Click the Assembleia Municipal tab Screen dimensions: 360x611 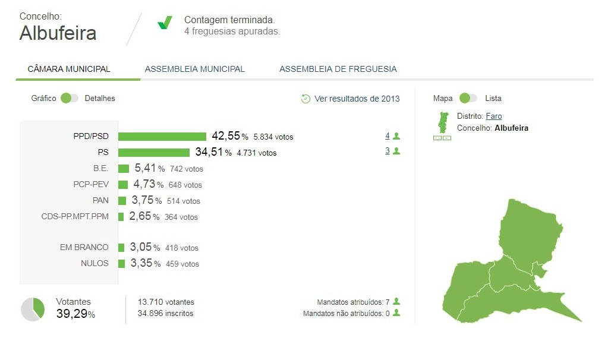click(195, 69)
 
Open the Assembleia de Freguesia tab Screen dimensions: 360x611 click(338, 69)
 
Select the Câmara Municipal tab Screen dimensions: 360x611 click(69, 69)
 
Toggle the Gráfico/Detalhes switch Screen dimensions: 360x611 click(69, 98)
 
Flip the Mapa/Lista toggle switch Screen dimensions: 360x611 click(468, 98)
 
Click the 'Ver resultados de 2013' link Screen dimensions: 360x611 click(357, 99)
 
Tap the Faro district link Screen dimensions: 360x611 click(494, 116)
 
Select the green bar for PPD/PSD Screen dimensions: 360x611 click(162, 137)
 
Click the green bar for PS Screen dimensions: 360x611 click(154, 153)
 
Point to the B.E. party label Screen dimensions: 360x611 click(100, 168)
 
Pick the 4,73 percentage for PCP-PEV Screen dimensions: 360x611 click(144, 184)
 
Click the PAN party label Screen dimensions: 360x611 click(100, 200)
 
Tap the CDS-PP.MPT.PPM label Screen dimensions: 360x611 click(75, 216)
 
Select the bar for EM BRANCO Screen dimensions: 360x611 click(121, 247)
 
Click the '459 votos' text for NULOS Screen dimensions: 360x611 click(182, 264)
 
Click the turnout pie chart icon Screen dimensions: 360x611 click(33, 310)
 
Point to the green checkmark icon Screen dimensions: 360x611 click(165, 23)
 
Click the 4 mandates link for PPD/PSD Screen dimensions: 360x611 click(388, 136)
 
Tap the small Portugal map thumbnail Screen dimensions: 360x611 click(442, 122)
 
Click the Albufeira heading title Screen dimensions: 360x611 click(58, 33)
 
